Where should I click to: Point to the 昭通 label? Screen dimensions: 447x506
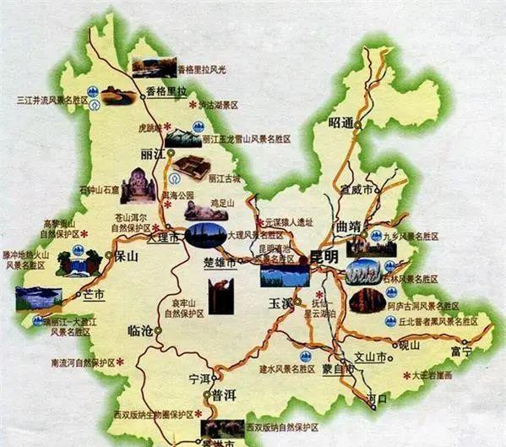pos(343,123)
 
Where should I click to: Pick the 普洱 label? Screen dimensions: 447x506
pos(225,395)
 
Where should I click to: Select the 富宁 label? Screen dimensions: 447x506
pos(461,350)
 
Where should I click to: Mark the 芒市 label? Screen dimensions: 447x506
pos(93,294)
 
